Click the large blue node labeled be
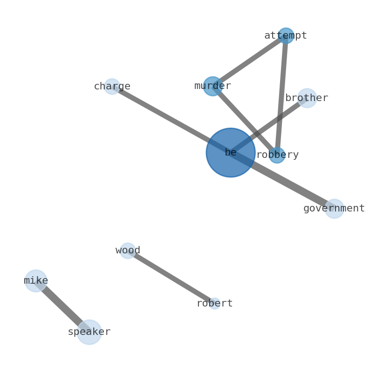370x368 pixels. coord(230,152)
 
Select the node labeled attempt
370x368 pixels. coord(286,36)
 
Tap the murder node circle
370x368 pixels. coord(212,86)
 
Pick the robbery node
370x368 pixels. coord(277,155)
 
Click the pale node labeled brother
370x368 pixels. coord(307,98)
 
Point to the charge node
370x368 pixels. coord(112,87)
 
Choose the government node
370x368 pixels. coord(334,209)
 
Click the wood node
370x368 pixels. coord(128,251)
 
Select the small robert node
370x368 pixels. coord(214,304)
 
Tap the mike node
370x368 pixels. coord(36,281)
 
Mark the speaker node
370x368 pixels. coord(89,332)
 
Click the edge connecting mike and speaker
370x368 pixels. coord(62,307)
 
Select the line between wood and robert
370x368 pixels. coord(171,277)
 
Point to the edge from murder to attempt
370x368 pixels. coord(249,61)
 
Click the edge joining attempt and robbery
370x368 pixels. coord(281,95)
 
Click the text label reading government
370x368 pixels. coord(334,209)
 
